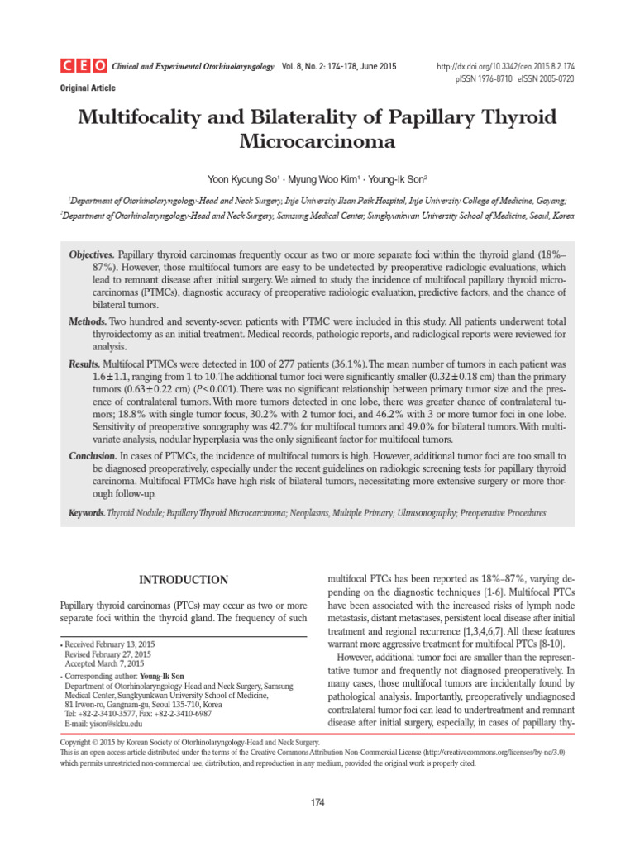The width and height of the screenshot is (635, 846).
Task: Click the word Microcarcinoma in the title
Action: point(317,141)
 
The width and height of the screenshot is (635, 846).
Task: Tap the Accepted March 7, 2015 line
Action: point(104,663)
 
